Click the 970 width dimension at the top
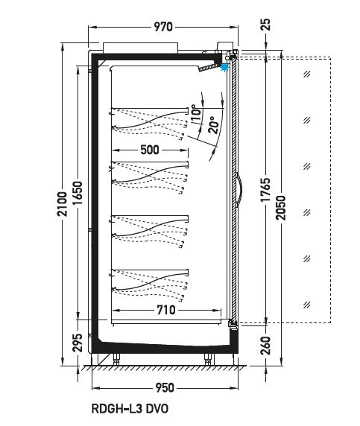pyautogui.click(x=163, y=27)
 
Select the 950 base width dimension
pyautogui.click(x=165, y=388)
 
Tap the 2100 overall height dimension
pyautogui.click(x=63, y=204)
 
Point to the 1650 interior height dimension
pyautogui.click(x=78, y=193)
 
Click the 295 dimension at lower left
pyautogui.click(x=78, y=343)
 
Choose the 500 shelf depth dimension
pyautogui.click(x=150, y=150)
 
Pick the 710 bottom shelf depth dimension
pyautogui.click(x=166, y=310)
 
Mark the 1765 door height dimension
pyautogui.click(x=265, y=190)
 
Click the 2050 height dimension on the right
pyautogui.click(x=281, y=208)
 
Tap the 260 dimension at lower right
pyautogui.click(x=265, y=346)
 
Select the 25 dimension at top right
pyautogui.click(x=266, y=25)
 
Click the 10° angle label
pyautogui.click(x=196, y=113)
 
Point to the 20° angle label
pyautogui.click(x=214, y=125)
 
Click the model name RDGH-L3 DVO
pyautogui.click(x=130, y=409)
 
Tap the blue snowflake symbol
pyautogui.click(x=224, y=67)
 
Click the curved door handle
pyautogui.click(x=239, y=190)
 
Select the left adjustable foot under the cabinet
pyautogui.click(x=117, y=360)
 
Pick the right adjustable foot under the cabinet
pyautogui.click(x=208, y=360)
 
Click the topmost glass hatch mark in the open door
pyautogui.click(x=307, y=74)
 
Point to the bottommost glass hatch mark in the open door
pyautogui.click(x=307, y=305)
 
